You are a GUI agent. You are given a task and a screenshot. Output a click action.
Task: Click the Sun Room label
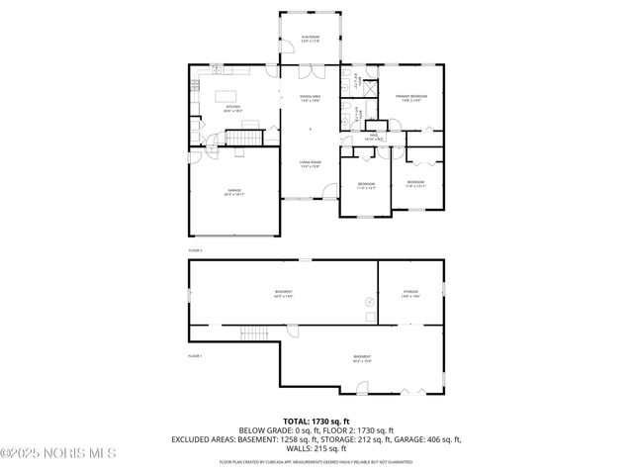pos(311,39)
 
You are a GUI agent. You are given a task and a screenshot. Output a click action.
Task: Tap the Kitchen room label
pos(232,108)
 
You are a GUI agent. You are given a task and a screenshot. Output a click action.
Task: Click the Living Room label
pos(311,163)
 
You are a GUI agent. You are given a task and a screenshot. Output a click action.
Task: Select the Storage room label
pos(410,294)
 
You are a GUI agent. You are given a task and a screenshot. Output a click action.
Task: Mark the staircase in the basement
pos(254,333)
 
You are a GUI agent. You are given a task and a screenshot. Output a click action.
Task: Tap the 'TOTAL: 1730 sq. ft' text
pos(316,422)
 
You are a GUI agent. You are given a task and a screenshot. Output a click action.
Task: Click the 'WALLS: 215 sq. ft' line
pos(316,449)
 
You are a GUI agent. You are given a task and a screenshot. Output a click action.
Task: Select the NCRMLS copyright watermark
pos(58,453)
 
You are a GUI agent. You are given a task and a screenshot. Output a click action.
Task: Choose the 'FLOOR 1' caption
pos(196,356)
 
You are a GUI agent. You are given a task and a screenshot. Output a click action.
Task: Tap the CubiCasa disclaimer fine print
pos(316,461)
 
